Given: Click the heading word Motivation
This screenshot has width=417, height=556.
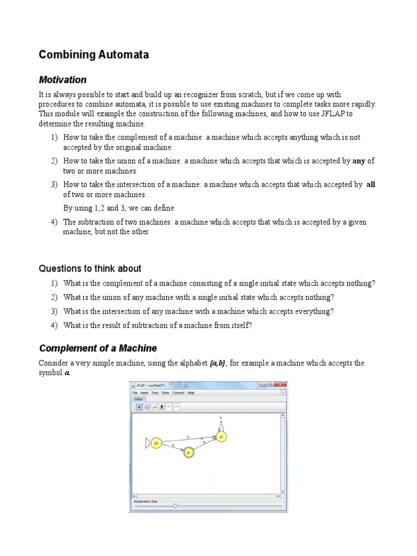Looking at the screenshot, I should [62, 80].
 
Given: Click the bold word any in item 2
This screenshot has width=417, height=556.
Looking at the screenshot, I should [359, 161].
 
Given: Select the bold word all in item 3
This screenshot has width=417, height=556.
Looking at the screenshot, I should [371, 185].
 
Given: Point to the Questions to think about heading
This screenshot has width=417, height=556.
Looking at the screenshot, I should [90, 268].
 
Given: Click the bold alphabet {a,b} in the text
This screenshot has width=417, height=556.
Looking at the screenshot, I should [218, 363].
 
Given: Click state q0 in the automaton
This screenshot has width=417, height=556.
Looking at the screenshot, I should [156, 443].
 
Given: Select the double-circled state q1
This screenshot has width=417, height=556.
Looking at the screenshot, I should [188, 452].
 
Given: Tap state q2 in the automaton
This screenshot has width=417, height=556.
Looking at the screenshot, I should [221, 436].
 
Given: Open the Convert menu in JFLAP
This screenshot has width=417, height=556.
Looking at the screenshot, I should [178, 393].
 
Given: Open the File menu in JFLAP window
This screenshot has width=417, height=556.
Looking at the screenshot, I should [135, 393].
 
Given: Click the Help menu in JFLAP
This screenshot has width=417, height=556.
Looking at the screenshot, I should [191, 393].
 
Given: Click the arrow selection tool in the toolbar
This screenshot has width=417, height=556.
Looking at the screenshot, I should [139, 407].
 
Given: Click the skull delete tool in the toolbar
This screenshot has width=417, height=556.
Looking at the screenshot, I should [162, 407].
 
